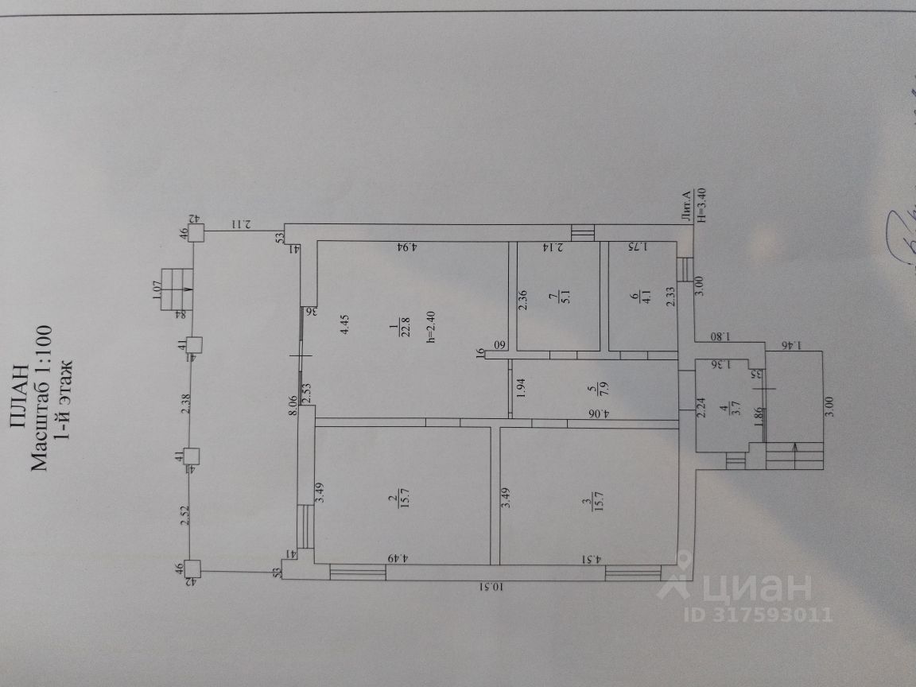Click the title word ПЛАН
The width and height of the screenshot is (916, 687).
(x=21, y=398)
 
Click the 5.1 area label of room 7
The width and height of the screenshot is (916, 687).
(x=553, y=297)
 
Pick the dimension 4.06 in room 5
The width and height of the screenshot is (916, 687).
(x=604, y=413)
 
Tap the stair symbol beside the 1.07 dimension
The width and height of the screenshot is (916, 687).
(x=177, y=290)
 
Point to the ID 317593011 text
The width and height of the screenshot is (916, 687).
(x=757, y=615)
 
